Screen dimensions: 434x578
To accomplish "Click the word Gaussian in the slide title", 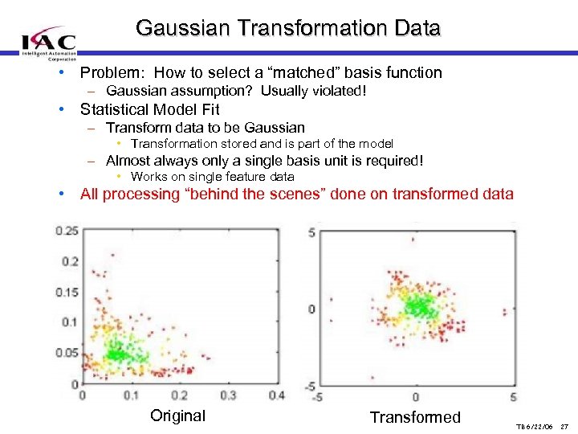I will [x=180, y=28].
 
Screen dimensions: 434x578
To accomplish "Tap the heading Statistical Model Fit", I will [x=149, y=109].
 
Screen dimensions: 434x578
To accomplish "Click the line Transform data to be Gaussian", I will [x=205, y=128].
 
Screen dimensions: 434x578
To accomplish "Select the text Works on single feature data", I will [x=212, y=176].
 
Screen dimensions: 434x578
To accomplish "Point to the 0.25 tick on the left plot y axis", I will [x=67, y=231].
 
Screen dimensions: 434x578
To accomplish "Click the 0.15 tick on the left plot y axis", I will [x=67, y=292].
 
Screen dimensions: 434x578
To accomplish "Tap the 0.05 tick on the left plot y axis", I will [x=67, y=353].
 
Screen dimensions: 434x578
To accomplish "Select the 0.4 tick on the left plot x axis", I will [x=276, y=395].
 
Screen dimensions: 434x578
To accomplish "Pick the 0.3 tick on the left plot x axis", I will [x=228, y=395].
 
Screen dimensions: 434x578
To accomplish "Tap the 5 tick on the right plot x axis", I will [x=513, y=397].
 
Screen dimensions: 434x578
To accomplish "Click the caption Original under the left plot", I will [x=177, y=416].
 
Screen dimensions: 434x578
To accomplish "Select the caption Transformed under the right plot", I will [x=415, y=416].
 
